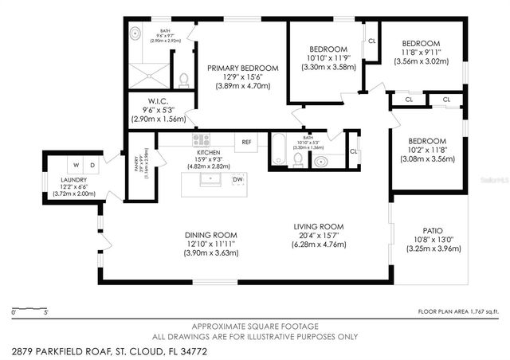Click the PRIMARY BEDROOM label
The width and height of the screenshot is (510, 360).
(243, 68)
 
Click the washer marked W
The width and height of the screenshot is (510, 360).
(76, 165)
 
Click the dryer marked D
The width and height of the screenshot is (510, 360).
(92, 165)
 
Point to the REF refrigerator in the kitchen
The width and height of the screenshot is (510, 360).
(246, 142)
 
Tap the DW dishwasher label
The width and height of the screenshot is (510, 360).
(237, 180)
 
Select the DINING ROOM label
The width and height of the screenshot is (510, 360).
(211, 235)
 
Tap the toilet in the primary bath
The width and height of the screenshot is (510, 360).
(184, 79)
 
